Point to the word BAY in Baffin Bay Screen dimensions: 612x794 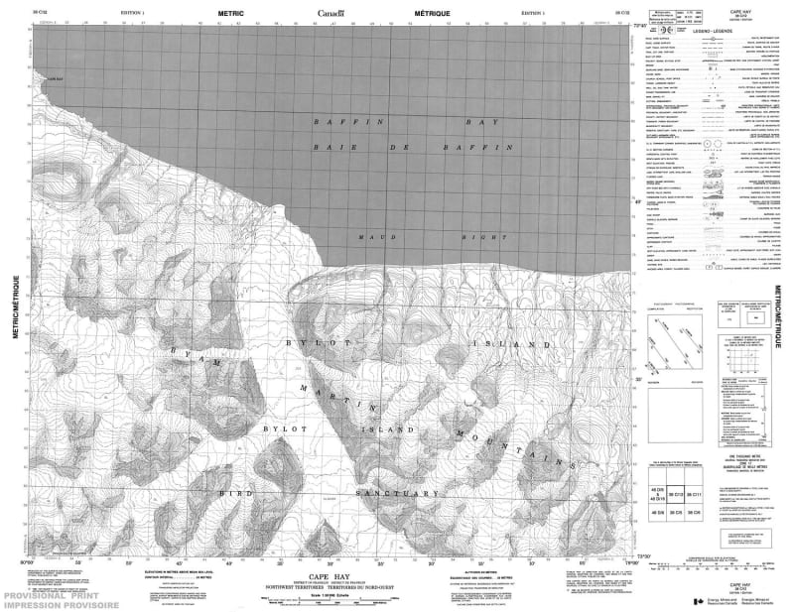(x=485, y=121)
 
